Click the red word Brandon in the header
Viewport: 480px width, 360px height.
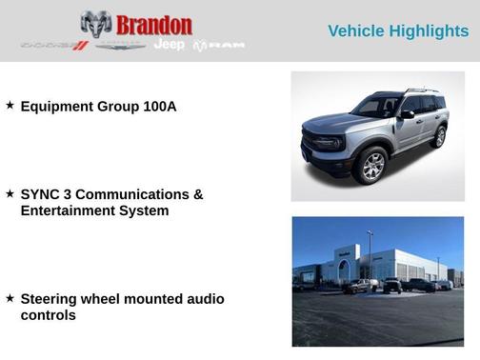tap(153, 25)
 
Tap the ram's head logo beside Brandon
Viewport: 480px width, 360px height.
tap(96, 25)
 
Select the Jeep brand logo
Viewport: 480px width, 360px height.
tap(170, 46)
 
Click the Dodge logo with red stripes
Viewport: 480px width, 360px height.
tap(54, 46)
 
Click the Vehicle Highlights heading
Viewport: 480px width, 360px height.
tap(398, 30)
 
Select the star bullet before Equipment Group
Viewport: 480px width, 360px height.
tap(10, 106)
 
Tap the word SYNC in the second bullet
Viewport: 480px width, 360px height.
tap(40, 194)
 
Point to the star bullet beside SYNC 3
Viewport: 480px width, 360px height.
tap(10, 193)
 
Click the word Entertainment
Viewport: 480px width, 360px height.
tap(70, 210)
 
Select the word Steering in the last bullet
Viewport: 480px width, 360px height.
tap(51, 299)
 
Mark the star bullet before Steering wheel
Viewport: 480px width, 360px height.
tap(10, 298)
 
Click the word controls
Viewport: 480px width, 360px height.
tap(48, 315)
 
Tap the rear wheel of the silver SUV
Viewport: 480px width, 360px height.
tap(438, 136)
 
